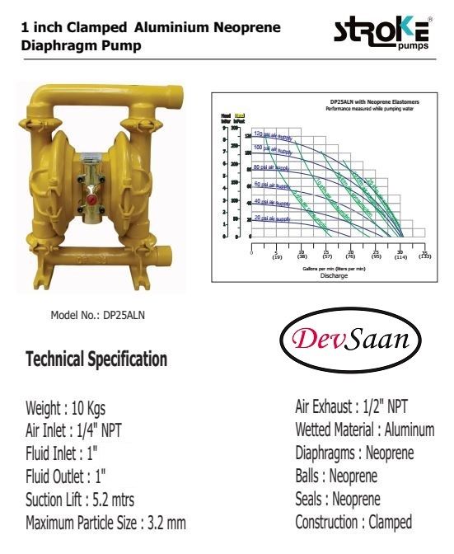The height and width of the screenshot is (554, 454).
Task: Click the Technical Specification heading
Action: click(96, 359)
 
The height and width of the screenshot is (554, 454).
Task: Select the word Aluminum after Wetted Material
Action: click(406, 430)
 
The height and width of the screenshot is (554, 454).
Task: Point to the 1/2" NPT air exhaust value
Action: click(378, 406)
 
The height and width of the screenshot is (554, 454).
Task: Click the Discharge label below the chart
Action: click(333, 275)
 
